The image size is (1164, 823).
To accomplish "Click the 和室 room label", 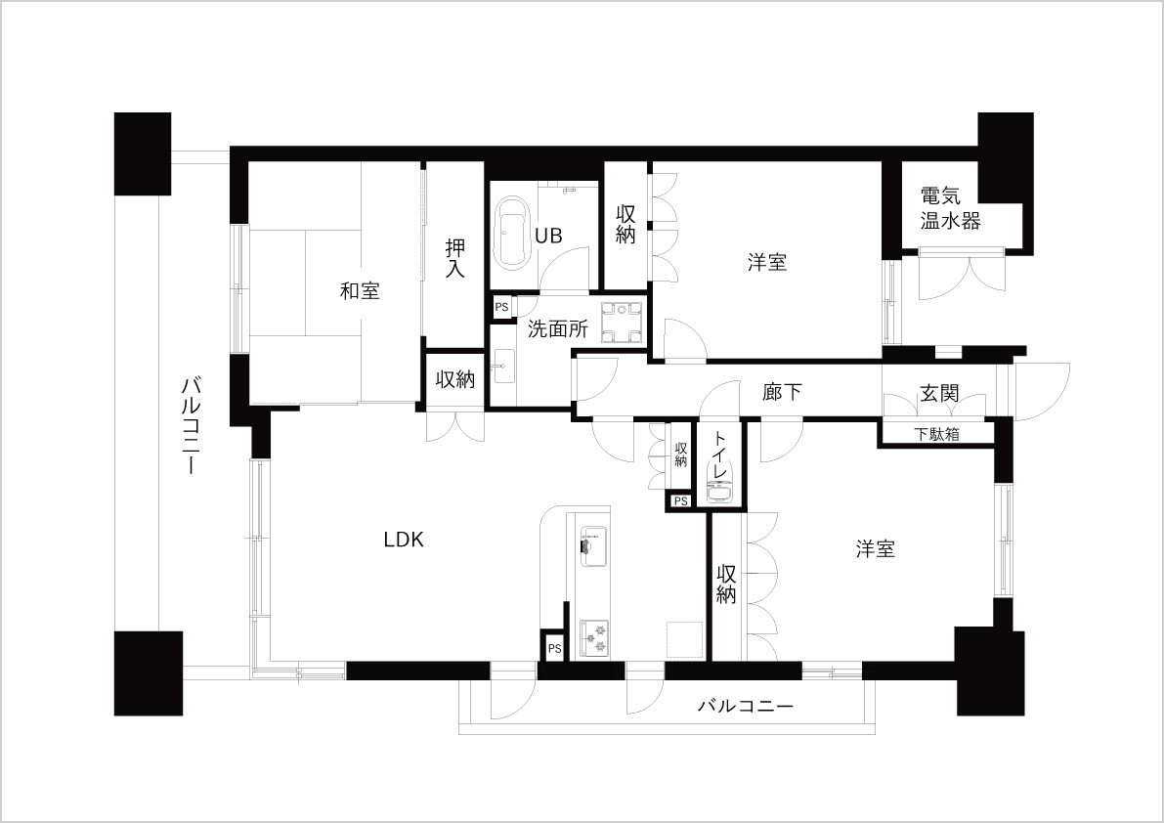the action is [360, 291].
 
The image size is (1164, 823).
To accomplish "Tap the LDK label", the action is [404, 540].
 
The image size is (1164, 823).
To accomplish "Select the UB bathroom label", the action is [549, 236].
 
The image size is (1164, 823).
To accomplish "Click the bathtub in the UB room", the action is [513, 233].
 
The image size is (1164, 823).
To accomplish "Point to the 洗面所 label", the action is [558, 328].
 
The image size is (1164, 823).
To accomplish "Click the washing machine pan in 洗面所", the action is [622, 324].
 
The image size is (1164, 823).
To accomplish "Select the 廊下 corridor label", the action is [783, 392].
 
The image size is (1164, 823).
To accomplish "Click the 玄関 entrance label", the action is [939, 393].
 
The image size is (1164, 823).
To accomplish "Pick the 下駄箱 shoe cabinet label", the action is [936, 434].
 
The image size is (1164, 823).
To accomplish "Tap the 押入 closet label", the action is [454, 258].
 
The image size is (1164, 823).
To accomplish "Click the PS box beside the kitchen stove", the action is [554, 649].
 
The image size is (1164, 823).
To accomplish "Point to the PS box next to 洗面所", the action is [501, 307].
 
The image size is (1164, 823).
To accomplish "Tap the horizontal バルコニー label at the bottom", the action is [746, 706].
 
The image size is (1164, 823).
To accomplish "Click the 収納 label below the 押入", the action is [454, 380].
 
